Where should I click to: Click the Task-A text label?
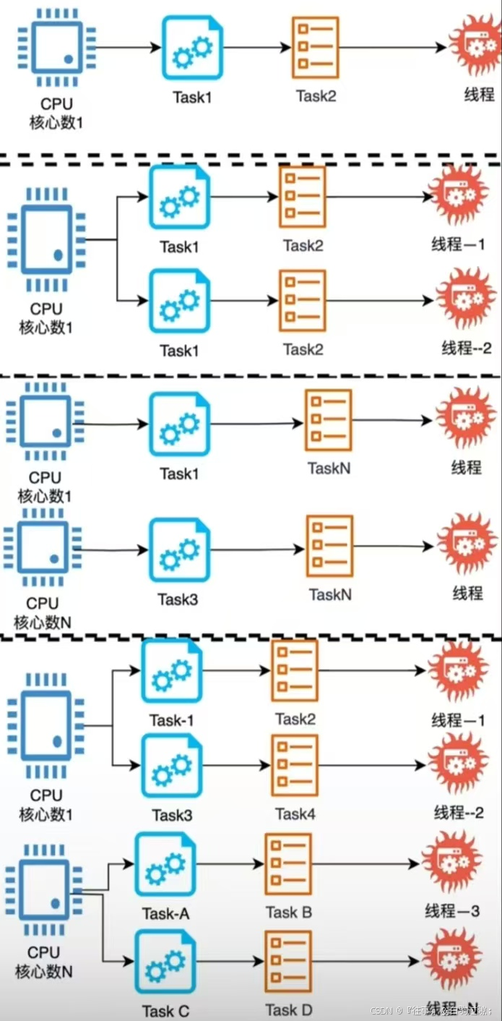point(165,913)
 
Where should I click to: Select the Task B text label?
point(288,912)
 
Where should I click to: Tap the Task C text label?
point(165,1010)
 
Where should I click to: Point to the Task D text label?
point(288,1009)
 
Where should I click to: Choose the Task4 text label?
point(295,814)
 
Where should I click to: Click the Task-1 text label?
point(171,720)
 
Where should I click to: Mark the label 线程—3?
point(452,910)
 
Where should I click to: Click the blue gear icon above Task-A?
point(165,865)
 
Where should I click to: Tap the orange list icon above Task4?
point(295,766)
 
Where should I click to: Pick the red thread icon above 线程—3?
point(452,863)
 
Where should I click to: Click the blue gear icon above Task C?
point(165,961)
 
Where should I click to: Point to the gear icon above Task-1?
point(171,671)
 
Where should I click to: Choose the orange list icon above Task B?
point(288,863)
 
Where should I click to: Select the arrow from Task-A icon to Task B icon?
point(230,864)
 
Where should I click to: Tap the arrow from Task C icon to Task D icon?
point(230,961)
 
